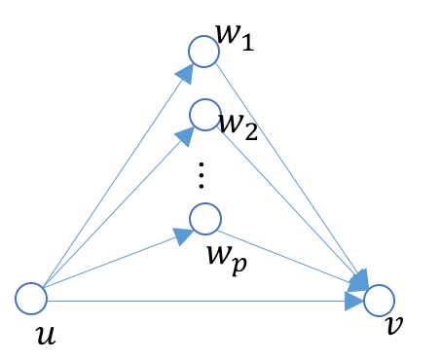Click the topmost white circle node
point(203,52)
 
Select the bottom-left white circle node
point(31,299)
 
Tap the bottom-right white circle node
point(379,301)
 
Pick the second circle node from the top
point(204,115)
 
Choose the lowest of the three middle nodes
point(205,219)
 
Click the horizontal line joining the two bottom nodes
point(195,301)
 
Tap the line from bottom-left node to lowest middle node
point(107,262)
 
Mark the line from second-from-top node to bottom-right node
point(287,200)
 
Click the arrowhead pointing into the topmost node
point(185,73)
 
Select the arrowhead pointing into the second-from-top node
point(185,135)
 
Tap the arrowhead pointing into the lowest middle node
point(183,235)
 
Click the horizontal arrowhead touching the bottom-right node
point(354,302)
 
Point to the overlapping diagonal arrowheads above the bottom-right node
point(358,280)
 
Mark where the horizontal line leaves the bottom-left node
point(48,301)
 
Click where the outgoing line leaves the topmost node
point(216,62)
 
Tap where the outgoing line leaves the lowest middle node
point(219,231)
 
